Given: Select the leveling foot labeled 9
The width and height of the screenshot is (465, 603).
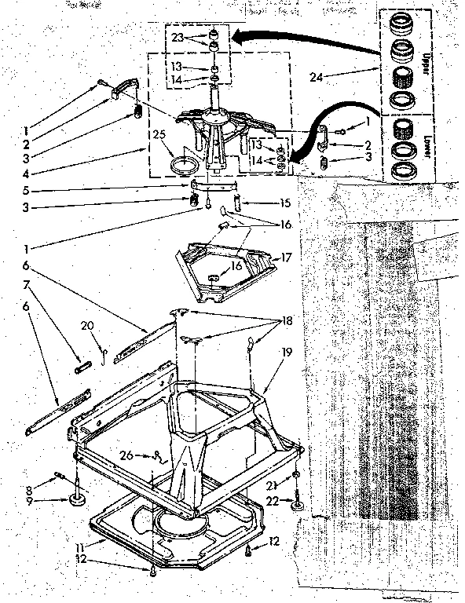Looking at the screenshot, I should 79,498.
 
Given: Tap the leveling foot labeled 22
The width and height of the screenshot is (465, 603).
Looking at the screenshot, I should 298,505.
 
